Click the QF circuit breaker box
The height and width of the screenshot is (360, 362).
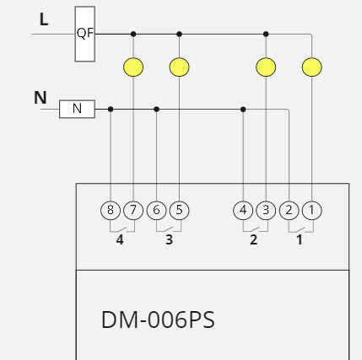pos(84,34)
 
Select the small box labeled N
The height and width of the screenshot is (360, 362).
pos(77,109)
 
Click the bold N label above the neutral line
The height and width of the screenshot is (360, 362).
pos(40,98)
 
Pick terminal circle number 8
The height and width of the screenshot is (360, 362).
pos(111,210)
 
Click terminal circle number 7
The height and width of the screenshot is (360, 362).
pos(133,210)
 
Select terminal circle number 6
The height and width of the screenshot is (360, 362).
pos(157,210)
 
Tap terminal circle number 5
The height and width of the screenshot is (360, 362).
pos(179,210)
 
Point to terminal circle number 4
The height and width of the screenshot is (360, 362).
pos(243,210)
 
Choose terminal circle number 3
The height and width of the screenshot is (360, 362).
pos(266,210)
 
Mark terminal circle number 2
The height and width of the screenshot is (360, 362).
pos(289,210)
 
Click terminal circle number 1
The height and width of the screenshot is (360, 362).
pos(311,210)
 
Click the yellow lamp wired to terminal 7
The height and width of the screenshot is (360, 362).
pos(133,67)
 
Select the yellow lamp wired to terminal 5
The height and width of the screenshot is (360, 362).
pos(179,67)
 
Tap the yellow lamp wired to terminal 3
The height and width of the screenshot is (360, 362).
pos(266,67)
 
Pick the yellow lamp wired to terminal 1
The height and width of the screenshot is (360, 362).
pos(311,67)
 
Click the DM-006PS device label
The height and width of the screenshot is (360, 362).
pos(158,320)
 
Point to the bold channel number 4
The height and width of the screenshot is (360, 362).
pos(120,240)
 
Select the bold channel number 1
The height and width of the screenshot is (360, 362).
pos(299,240)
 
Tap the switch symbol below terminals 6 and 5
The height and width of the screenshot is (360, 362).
pos(168,228)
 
